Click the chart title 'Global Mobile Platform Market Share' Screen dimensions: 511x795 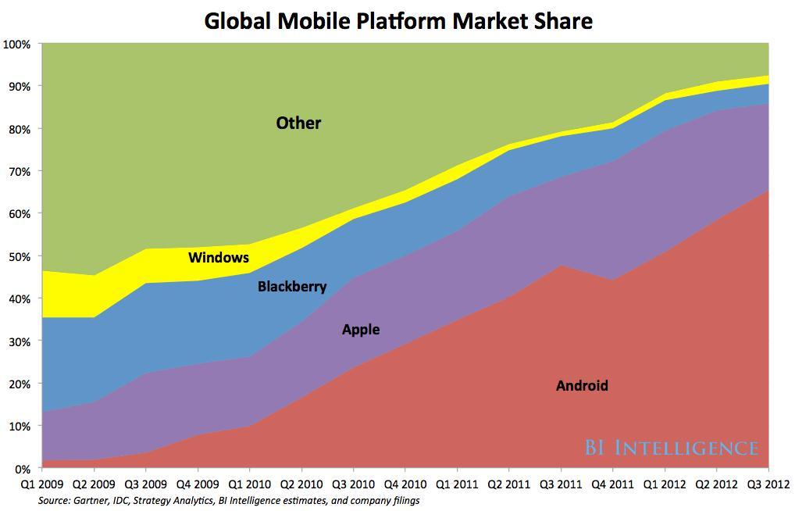tap(398, 21)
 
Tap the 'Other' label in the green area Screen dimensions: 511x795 tap(298, 123)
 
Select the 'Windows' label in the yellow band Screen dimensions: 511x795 tap(219, 257)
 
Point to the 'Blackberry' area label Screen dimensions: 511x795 tap(292, 287)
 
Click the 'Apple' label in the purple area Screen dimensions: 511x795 tap(361, 329)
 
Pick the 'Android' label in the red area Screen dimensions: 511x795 tap(582, 385)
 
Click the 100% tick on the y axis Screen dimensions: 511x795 tap(17, 44)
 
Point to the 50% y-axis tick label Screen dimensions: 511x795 tap(20, 256)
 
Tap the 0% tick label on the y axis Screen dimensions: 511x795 tap(22, 469)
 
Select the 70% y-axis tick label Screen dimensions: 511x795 tap(20, 171)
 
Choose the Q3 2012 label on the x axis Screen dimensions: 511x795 tap(768, 485)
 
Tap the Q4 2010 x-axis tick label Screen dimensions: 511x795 tap(405, 485)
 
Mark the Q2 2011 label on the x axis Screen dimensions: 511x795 tap(509, 485)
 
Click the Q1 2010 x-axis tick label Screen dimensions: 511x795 tap(250, 485)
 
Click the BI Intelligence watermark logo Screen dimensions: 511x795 tap(672, 448)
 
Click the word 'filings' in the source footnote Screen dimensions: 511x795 tap(404, 501)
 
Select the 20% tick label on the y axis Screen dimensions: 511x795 tap(20, 384)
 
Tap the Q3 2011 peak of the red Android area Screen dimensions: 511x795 tap(561, 266)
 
